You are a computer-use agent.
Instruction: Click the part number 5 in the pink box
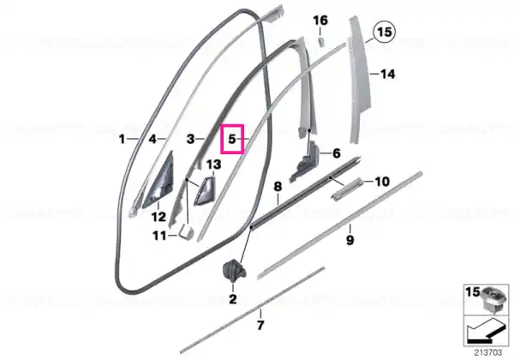[232, 139]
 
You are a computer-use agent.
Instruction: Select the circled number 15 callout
[385, 32]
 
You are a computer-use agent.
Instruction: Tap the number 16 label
[320, 21]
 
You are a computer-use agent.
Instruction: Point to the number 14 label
[387, 74]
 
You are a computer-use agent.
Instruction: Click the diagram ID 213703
[488, 353]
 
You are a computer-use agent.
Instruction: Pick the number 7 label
[260, 326]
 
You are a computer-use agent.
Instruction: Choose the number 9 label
[350, 240]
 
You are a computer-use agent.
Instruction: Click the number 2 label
[232, 299]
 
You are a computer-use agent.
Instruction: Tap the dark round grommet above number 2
[234, 269]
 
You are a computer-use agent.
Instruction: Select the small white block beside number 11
[186, 231]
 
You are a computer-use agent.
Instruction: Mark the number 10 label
[382, 182]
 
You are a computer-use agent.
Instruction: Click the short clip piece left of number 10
[347, 189]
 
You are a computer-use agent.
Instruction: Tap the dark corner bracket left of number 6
[303, 161]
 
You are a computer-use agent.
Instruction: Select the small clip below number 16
[321, 42]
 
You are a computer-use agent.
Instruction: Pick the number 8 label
[278, 187]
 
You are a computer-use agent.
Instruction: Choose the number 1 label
[122, 139]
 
